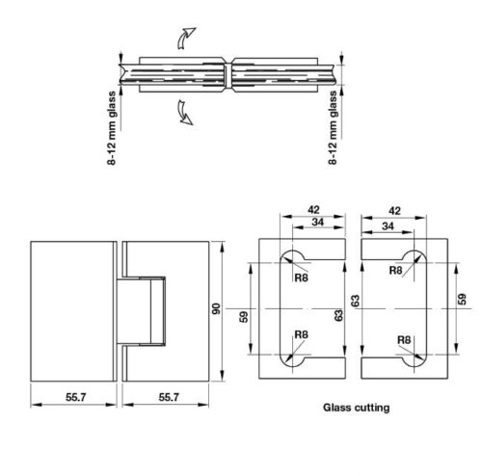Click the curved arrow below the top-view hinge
coord(184,113)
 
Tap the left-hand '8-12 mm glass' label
coord(112,128)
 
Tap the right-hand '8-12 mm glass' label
coord(333,128)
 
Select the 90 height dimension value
coord(216,308)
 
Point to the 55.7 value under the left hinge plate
coord(76,397)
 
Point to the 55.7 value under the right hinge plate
coord(169,397)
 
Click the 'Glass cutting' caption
coord(357,408)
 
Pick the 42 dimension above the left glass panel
coord(313,210)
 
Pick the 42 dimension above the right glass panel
coord(394,211)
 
